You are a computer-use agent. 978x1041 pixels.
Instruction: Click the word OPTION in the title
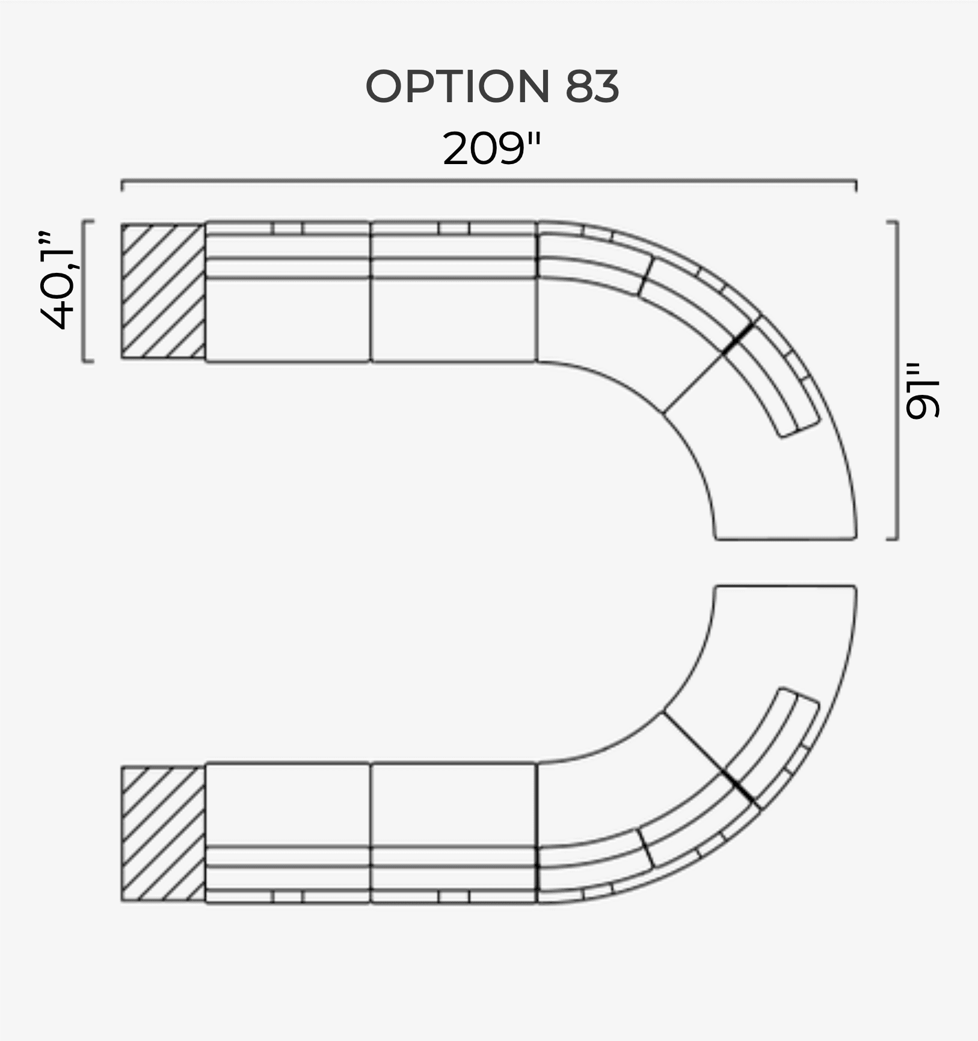457,86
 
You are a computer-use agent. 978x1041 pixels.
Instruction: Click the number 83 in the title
592,86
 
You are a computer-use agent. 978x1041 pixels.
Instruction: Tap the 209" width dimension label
491,148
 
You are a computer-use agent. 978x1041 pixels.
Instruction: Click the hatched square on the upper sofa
163,292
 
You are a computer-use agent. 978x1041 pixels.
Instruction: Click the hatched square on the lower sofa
163,834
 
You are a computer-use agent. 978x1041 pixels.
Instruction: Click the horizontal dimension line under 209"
488,180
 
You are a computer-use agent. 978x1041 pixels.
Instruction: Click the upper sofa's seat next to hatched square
288,319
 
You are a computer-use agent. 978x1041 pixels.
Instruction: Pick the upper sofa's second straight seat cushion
453,319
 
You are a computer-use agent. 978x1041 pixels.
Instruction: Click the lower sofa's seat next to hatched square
288,804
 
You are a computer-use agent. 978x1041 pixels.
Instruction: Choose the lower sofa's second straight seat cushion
453,804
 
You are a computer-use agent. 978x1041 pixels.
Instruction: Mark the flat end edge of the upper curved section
786,539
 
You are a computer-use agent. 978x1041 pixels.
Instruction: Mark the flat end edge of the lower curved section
786,586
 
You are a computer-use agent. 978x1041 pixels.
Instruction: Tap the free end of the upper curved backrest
800,430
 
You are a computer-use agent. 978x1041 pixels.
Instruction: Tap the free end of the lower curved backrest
800,694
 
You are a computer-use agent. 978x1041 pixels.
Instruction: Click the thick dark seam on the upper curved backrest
740,337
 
